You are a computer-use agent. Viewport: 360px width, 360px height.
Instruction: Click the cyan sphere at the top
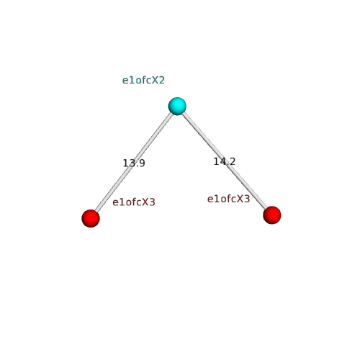177,106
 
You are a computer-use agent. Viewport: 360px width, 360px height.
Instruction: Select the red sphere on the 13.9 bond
91,218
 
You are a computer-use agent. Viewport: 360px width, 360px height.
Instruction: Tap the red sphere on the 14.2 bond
272,215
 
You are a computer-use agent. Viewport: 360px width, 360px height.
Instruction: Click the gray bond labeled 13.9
134,162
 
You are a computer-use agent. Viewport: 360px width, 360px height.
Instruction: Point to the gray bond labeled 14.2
225,161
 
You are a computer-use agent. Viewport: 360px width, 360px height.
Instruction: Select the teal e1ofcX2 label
143,80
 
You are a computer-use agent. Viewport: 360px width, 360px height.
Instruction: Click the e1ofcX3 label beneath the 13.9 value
134,202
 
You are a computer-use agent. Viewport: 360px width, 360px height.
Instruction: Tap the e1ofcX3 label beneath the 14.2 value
228,199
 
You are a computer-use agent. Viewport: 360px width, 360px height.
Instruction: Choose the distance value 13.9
134,163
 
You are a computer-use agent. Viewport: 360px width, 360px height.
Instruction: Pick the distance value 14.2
225,161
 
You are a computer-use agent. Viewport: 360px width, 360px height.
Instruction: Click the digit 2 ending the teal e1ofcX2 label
162,80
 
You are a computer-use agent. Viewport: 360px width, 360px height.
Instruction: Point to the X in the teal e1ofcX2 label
156,80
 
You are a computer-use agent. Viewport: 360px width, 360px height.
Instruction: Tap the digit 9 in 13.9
142,163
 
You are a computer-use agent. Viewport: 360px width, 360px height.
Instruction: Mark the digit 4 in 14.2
222,161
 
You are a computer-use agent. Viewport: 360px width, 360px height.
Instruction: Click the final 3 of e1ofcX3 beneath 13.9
152,202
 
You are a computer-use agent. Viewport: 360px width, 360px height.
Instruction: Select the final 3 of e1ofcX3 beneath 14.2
247,199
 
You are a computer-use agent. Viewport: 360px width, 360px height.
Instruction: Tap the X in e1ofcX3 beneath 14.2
240,199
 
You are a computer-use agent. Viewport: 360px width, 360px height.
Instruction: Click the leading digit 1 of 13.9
125,163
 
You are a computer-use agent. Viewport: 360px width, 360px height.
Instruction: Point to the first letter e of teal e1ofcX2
125,81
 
